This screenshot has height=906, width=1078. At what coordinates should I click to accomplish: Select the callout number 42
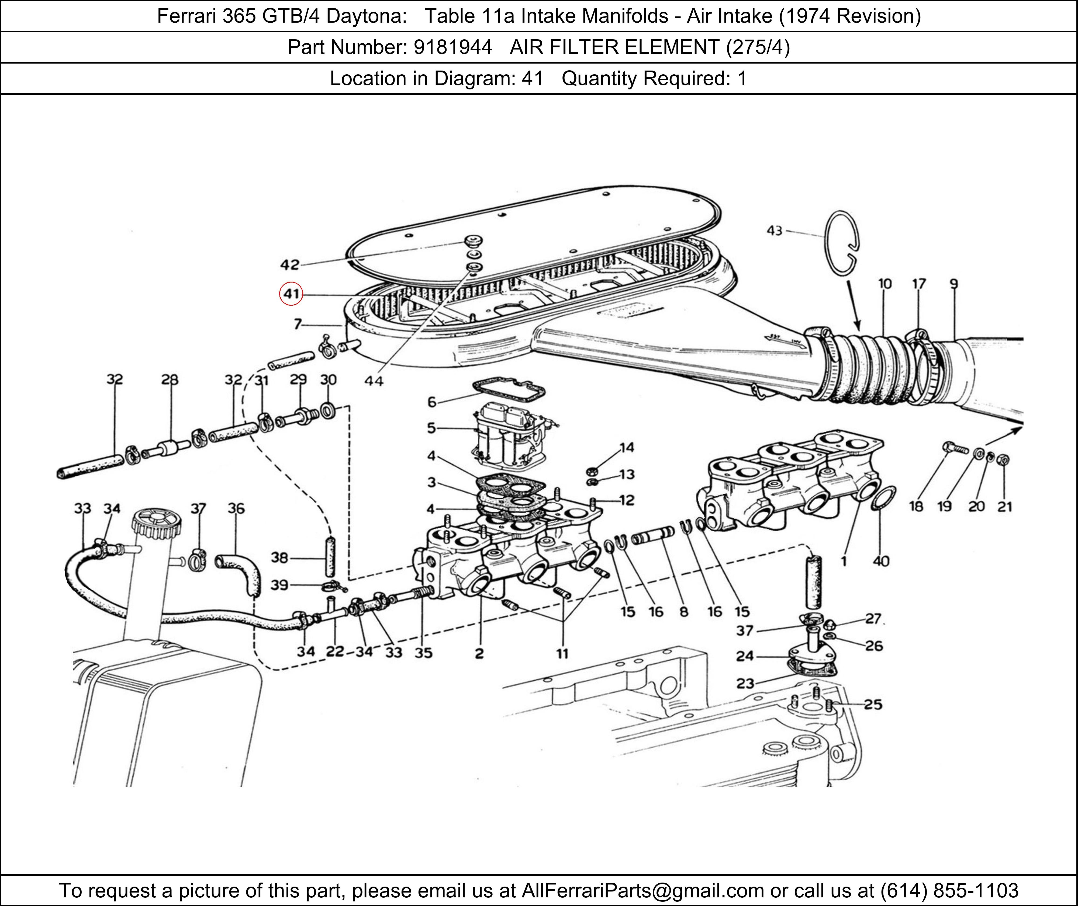[289, 265]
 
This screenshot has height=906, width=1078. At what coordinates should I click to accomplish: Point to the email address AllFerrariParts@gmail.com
[642, 890]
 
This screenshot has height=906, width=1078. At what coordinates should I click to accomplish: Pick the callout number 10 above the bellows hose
[885, 284]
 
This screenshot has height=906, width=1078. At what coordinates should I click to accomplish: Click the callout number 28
[170, 379]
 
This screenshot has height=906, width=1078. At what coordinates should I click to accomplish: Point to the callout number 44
[374, 381]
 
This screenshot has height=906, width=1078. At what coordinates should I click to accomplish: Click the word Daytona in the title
[366, 16]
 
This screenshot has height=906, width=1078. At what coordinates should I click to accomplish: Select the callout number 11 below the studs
[562, 653]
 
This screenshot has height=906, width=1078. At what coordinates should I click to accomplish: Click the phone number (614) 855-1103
[949, 890]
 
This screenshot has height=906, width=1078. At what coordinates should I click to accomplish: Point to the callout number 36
[236, 508]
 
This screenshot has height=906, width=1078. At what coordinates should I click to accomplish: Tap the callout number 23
[745, 683]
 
